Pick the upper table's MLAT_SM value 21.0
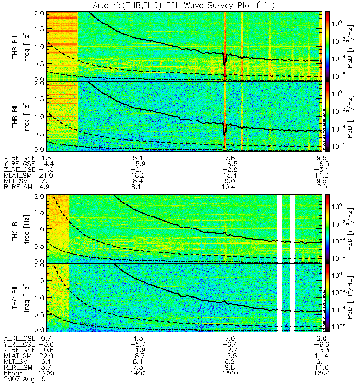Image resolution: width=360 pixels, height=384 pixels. [x=47, y=175]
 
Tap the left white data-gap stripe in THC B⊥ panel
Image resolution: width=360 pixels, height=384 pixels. [x=280, y=228]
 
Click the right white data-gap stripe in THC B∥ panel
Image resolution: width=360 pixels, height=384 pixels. [x=293, y=298]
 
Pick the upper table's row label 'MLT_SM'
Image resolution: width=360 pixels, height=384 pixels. [x=18, y=180]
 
